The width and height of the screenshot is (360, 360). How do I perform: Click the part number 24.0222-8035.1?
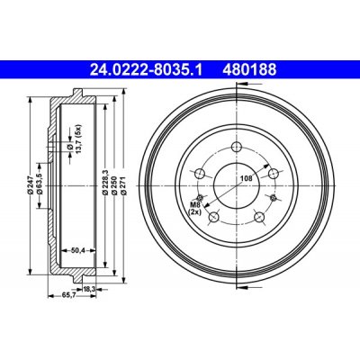(x=147, y=70)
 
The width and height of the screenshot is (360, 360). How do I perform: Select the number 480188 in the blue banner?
(x=249, y=70)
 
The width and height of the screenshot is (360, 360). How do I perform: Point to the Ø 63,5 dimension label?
(x=39, y=184)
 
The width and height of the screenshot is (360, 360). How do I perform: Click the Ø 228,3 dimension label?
(x=105, y=183)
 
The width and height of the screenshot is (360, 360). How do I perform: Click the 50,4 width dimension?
(x=78, y=250)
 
